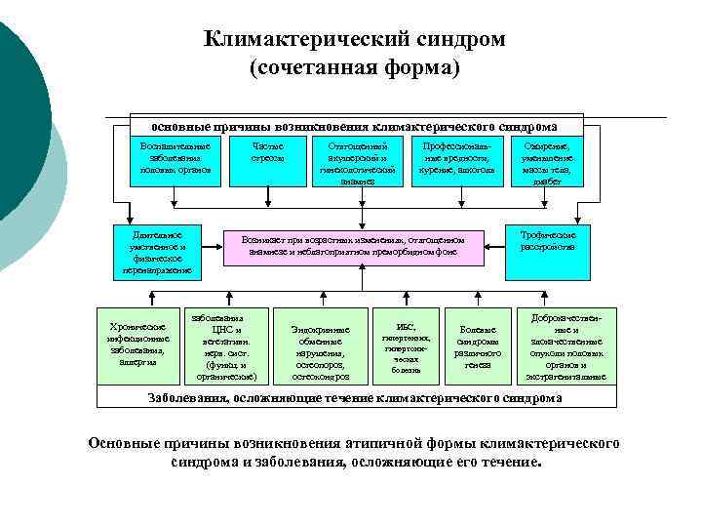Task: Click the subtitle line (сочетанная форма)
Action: pos(354,69)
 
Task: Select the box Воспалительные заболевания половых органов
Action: pos(175,158)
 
